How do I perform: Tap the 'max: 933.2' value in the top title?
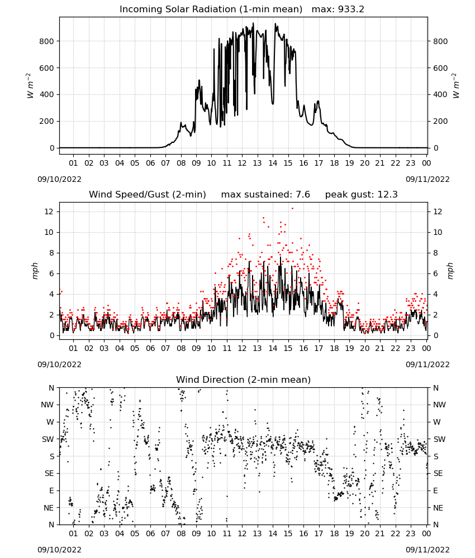pyautogui.click(x=338, y=9)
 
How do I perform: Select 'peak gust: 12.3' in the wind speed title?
pyautogui.click(x=362, y=195)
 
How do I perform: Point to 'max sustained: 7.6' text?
pyautogui.click(x=265, y=195)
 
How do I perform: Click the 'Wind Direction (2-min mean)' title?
pyautogui.click(x=244, y=379)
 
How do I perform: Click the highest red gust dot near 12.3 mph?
pyautogui.click(x=293, y=209)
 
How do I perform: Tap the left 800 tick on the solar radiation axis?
pyautogui.click(x=47, y=41)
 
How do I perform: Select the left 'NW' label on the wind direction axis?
pyautogui.click(x=47, y=405)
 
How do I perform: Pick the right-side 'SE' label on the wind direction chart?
pyautogui.click(x=438, y=473)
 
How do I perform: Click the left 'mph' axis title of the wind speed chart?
pyautogui.click(x=35, y=271)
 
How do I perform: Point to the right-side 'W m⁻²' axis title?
pyautogui.click(x=456, y=86)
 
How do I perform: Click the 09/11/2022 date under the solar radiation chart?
pyautogui.click(x=427, y=179)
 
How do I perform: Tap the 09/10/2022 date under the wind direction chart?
pyautogui.click(x=59, y=550)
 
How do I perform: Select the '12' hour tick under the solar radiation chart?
pyautogui.click(x=242, y=163)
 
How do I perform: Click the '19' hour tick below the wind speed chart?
pyautogui.click(x=350, y=348)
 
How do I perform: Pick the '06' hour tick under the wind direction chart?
pyautogui.click(x=150, y=533)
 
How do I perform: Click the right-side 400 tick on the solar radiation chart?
pyautogui.click(x=440, y=95)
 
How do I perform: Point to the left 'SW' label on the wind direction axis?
pyautogui.click(x=48, y=439)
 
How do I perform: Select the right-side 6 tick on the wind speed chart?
pyautogui.click(x=435, y=273)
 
